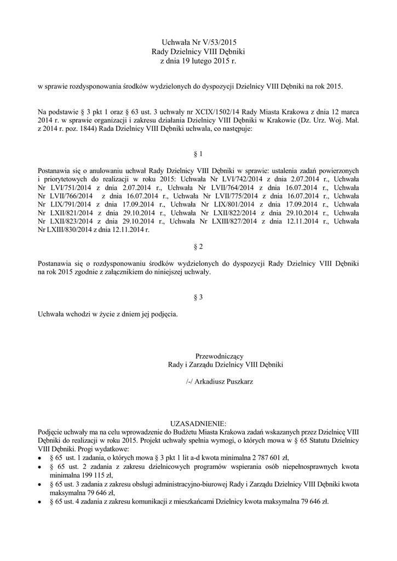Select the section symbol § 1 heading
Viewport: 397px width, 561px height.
(198, 154)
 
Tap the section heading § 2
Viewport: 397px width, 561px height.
(198, 247)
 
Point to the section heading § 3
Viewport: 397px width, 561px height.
(198, 297)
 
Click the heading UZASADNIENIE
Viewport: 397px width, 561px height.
(198, 423)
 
